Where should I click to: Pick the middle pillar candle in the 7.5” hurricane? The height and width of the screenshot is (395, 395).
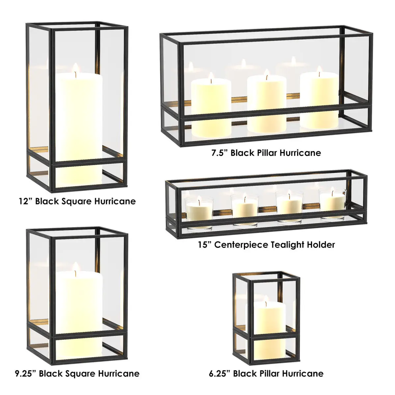(267, 104)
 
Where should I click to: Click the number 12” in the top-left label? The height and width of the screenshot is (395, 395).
(24, 201)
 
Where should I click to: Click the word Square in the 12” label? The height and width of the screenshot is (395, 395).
(74, 202)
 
